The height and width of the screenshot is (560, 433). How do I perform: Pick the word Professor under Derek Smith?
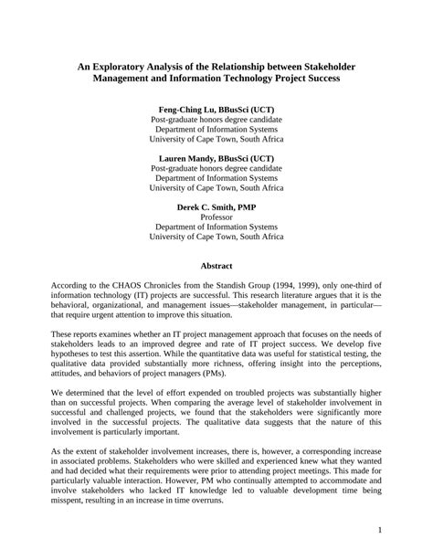[x=216, y=218]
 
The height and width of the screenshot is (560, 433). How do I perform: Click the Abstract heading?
[x=216, y=267]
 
